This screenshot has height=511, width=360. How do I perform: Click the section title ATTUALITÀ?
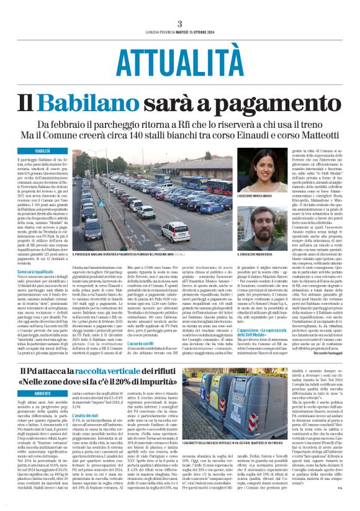click(x=179, y=60)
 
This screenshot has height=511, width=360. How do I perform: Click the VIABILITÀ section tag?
click(x=43, y=151)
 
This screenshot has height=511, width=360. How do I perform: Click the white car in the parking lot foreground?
click(x=176, y=233)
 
